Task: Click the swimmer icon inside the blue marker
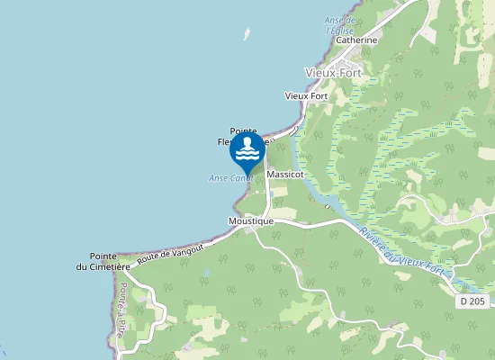(x=247, y=149)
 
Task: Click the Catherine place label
(x=355, y=40)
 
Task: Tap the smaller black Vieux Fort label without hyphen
(x=306, y=95)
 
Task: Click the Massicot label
(x=285, y=174)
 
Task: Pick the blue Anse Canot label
(x=228, y=178)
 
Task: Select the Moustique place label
(x=251, y=220)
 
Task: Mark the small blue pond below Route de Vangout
(x=206, y=271)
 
